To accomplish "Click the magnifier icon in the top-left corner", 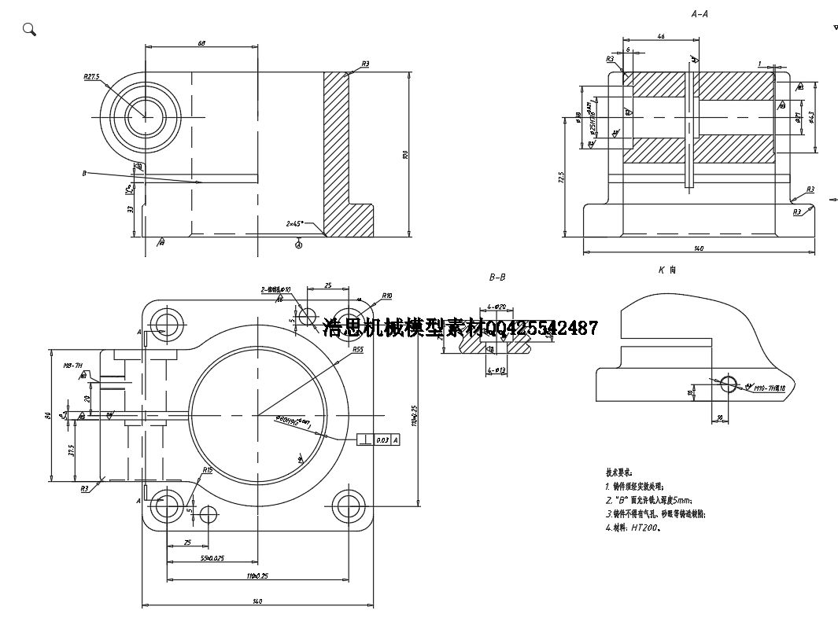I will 29,30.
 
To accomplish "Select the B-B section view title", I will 497,277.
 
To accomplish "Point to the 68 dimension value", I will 201,43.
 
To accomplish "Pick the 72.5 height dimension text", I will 560,178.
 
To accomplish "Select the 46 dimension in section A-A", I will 660,36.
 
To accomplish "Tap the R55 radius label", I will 357,349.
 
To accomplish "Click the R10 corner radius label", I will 387,296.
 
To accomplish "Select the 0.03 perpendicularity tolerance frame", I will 378,439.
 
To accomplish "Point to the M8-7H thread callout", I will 72,366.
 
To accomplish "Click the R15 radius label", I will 207,469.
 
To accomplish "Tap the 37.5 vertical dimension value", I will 71,450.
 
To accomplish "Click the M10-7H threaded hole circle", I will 729,384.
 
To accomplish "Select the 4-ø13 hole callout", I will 497,369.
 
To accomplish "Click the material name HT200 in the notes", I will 644,528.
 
